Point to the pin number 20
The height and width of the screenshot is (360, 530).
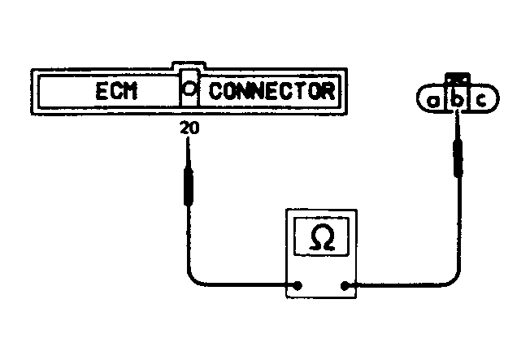coord(188,128)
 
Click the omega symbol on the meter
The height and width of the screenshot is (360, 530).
coord(322,239)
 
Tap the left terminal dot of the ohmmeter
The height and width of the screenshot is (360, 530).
coord(299,285)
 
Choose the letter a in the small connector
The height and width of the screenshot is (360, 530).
coord(434,101)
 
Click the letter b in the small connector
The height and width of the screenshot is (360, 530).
coord(457,101)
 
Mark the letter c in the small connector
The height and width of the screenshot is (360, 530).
coord(481,101)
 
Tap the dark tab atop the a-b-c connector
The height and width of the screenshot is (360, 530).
coord(458,80)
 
